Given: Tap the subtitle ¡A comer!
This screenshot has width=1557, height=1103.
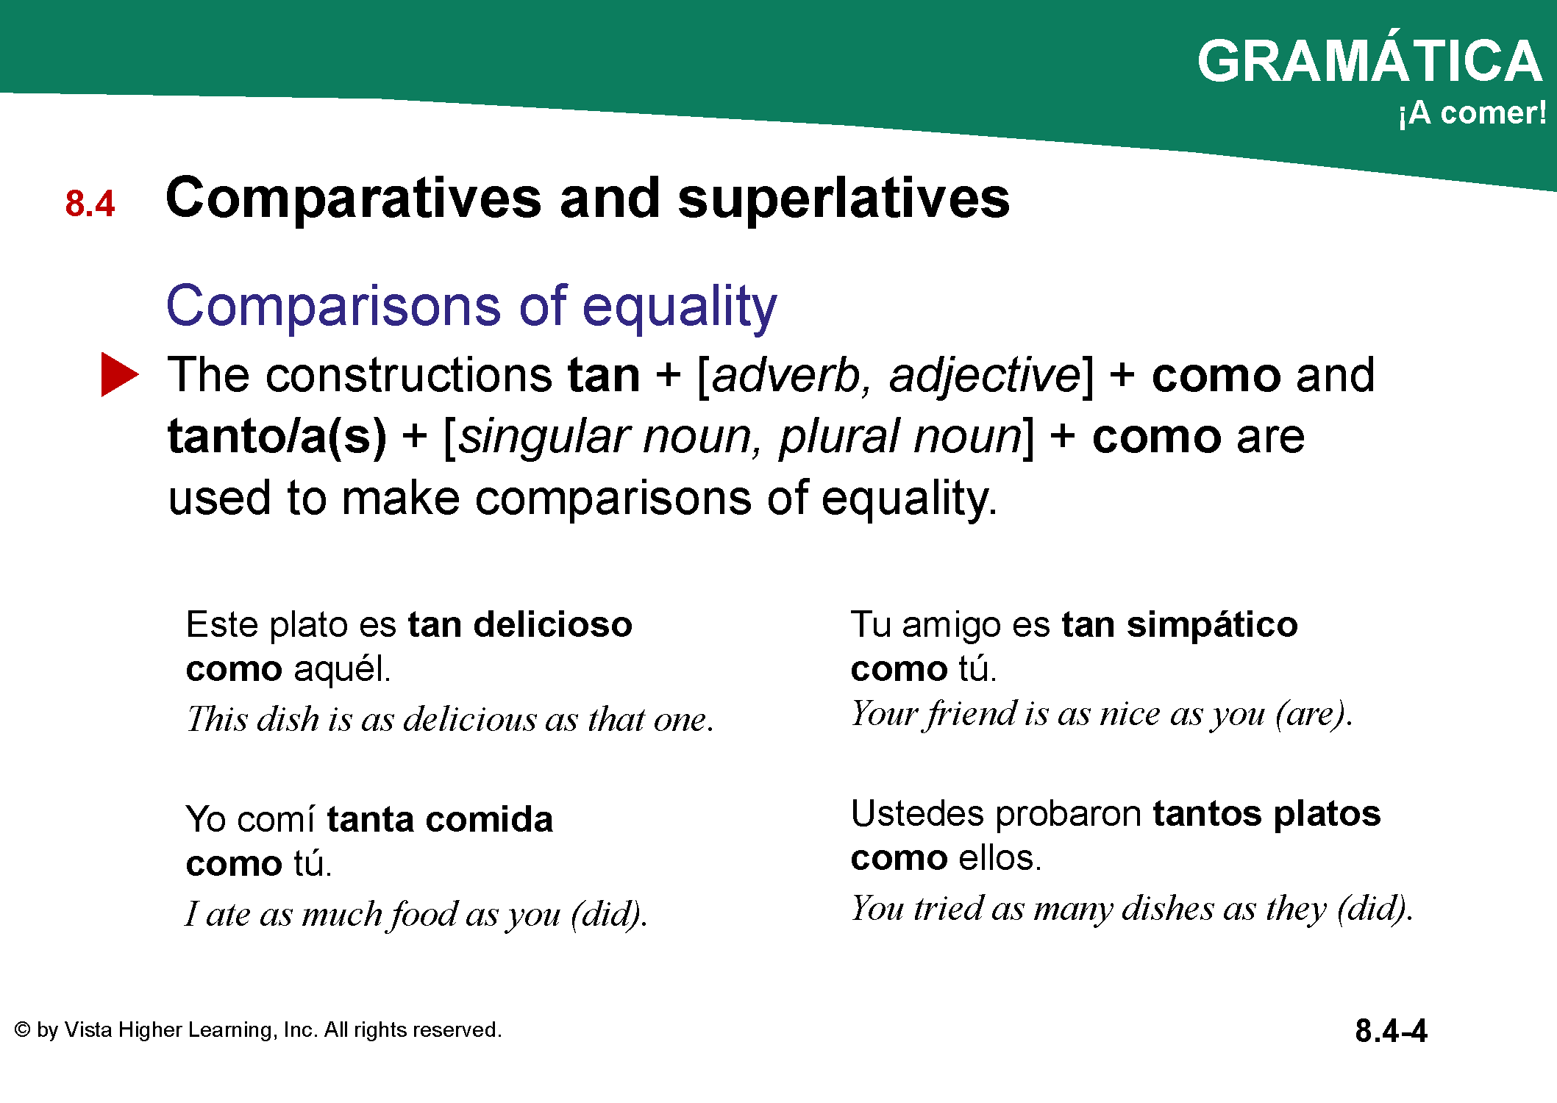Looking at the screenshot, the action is coord(1472,113).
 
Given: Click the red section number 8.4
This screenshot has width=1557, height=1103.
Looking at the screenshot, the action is coord(90,204).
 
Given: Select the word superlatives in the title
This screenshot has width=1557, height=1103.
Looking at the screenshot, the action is coord(844,199).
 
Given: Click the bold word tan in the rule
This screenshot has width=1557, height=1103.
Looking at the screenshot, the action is coord(604,376).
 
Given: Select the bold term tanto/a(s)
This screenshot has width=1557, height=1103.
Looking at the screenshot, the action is coord(277,437).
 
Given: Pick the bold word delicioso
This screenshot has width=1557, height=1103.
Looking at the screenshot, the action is coord(553,624).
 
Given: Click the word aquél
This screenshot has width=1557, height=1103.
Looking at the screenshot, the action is coord(342,669).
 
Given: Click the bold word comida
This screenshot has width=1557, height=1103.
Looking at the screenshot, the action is coord(488,819).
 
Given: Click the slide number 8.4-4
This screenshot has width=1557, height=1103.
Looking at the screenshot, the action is coord(1391,1031).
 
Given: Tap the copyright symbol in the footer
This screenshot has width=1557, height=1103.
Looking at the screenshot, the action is coord(23,1029).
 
